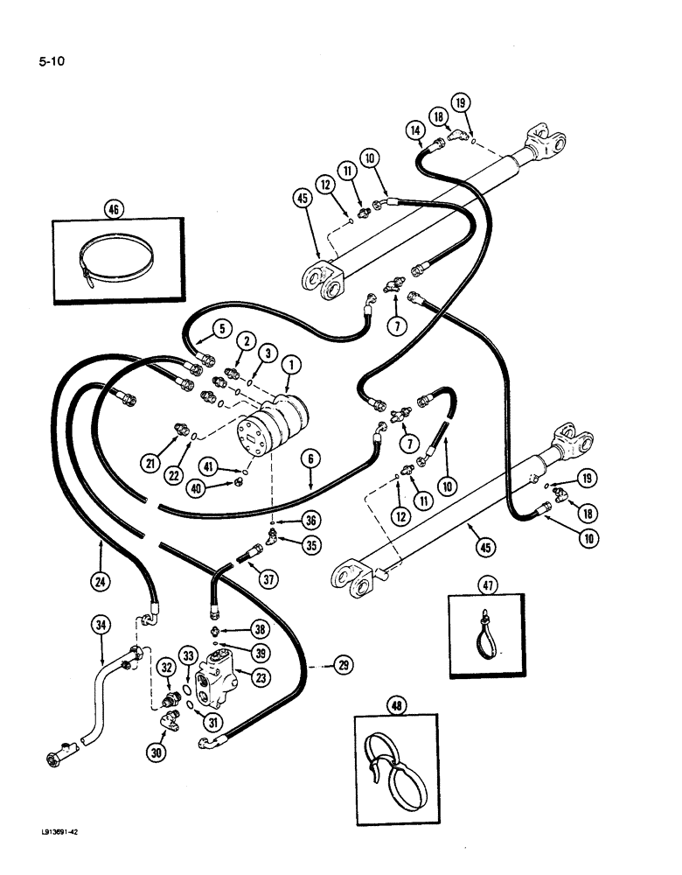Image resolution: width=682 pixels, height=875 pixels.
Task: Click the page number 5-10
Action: [x=52, y=61]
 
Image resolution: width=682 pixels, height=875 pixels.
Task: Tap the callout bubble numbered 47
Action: [x=485, y=584]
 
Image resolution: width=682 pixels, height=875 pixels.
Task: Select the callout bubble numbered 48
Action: [x=393, y=703]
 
